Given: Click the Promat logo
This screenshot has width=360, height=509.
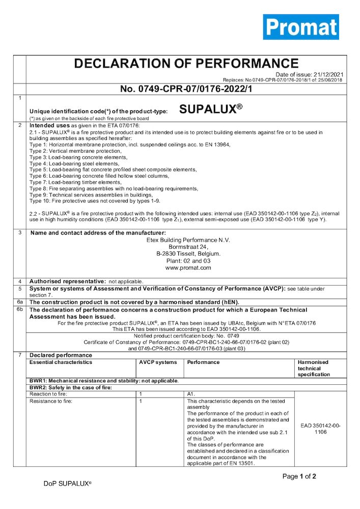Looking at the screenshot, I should (301, 27).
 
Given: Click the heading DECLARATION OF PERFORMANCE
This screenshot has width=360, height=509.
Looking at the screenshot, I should (186, 64).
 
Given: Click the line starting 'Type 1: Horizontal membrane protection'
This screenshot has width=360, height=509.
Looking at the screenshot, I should (130, 145).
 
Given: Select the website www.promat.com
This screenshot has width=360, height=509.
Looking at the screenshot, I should (188, 267).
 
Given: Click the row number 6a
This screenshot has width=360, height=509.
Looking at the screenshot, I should (19, 302).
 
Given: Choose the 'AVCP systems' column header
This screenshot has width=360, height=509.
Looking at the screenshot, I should (158, 362).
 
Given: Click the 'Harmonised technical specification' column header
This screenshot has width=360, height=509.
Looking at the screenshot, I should (313, 368).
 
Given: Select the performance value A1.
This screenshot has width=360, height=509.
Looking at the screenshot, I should (191, 394).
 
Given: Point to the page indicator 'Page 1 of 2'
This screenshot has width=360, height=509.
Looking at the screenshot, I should (299, 476).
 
